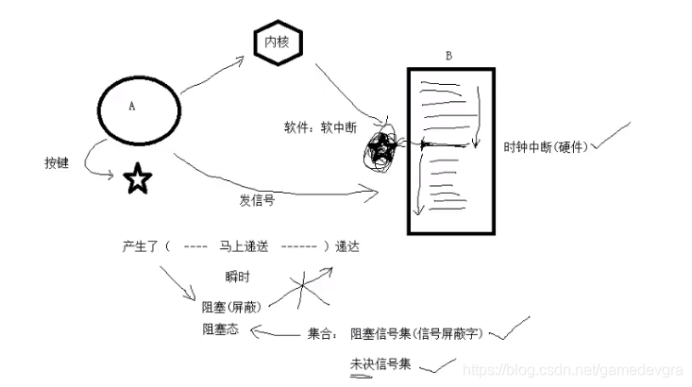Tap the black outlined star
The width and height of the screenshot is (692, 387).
(x=139, y=177)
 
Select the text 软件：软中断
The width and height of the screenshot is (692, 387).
(x=319, y=126)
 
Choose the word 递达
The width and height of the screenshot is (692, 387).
(x=346, y=246)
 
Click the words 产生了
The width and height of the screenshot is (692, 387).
(x=141, y=246)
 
